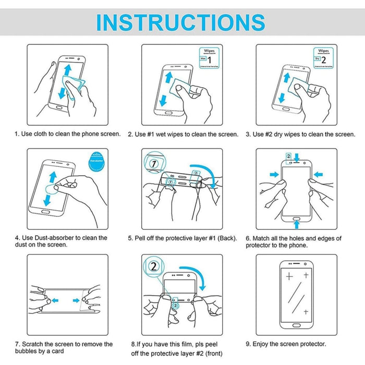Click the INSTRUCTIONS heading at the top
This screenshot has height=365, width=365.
pyautogui.click(x=181, y=22)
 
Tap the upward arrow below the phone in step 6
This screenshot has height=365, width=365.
pyautogui.click(x=297, y=224)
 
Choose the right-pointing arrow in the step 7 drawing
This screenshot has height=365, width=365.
pyautogui.click(x=76, y=300)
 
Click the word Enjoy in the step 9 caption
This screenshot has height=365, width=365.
pyautogui.click(x=262, y=344)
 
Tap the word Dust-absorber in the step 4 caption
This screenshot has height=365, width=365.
pyautogui.click(x=53, y=238)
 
